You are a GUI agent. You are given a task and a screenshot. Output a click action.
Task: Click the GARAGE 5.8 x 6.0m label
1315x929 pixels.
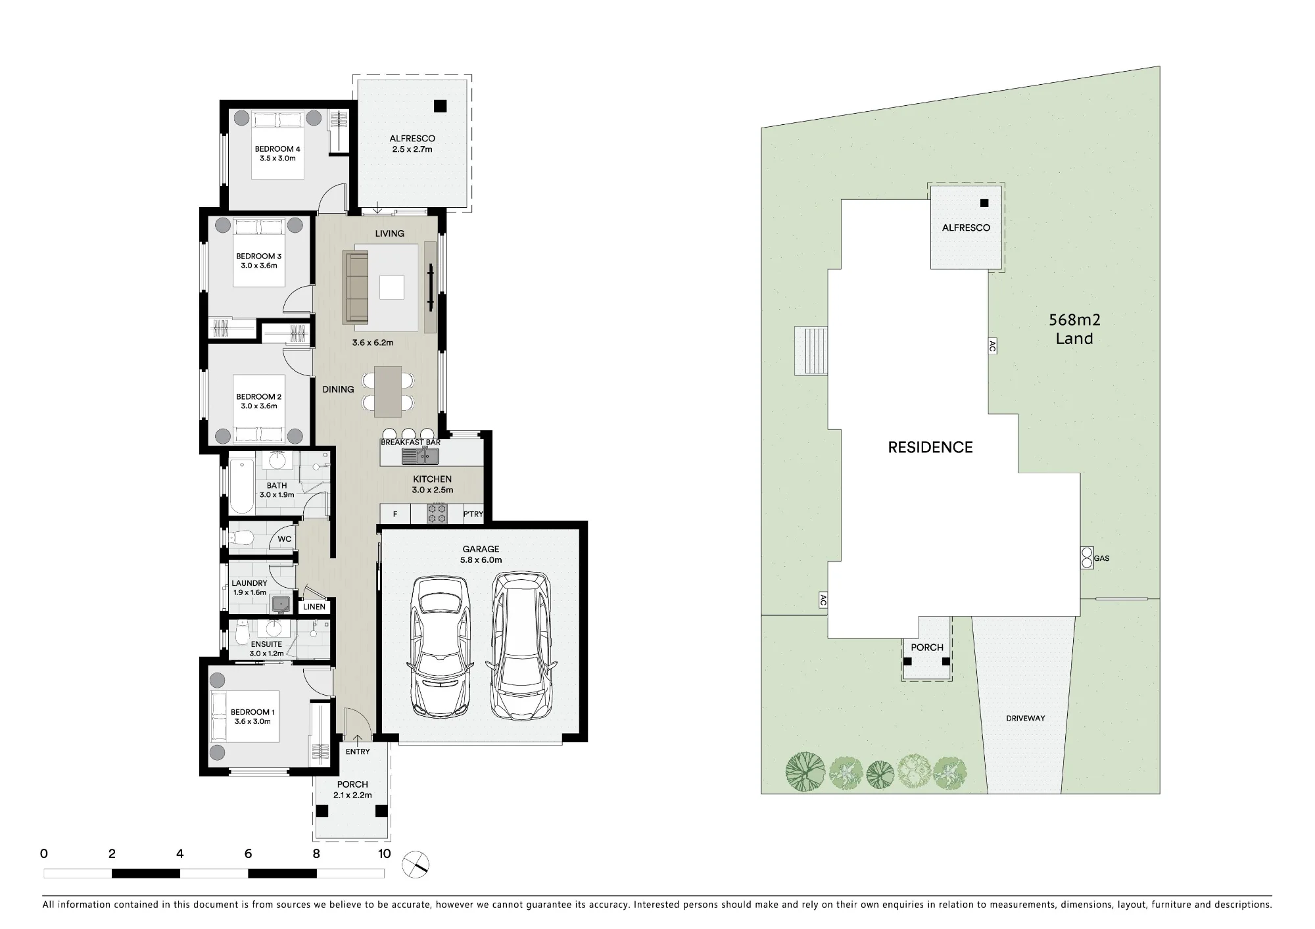(x=481, y=554)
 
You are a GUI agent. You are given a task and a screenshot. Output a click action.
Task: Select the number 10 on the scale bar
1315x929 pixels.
(x=384, y=853)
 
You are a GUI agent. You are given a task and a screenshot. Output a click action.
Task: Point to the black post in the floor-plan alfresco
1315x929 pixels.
(x=440, y=106)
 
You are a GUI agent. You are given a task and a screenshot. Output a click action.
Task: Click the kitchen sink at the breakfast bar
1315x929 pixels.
(x=421, y=456)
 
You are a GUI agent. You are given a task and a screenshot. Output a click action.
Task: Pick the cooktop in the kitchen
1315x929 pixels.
(x=437, y=513)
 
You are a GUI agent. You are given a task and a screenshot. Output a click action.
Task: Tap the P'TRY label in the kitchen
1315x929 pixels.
(x=473, y=514)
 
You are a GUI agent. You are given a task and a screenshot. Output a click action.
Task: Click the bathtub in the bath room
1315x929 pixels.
(x=241, y=487)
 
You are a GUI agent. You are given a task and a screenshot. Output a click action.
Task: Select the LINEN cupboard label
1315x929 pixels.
(x=314, y=607)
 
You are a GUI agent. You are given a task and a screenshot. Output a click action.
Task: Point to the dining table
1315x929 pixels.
(x=388, y=391)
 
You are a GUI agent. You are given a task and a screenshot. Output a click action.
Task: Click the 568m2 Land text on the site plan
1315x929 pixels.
(x=1074, y=329)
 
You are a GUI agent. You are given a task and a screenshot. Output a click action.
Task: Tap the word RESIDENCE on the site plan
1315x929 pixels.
(x=930, y=448)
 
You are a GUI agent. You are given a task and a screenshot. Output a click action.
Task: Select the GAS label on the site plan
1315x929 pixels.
(x=1101, y=558)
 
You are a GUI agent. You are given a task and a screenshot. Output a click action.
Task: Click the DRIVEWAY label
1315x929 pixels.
(x=1025, y=718)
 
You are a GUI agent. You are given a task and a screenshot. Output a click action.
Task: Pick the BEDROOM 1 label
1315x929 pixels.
(x=252, y=712)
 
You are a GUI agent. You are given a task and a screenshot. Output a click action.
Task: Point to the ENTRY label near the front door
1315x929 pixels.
(x=358, y=751)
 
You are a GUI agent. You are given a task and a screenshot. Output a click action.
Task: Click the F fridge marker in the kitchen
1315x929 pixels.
(x=395, y=514)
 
